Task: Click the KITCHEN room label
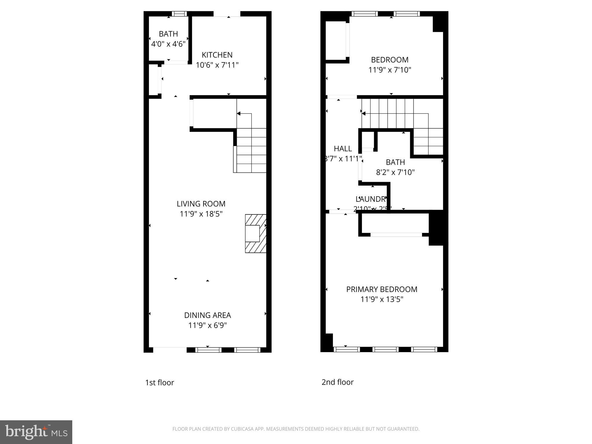pyautogui.click(x=217, y=55)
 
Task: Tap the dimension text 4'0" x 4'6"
pyautogui.click(x=168, y=44)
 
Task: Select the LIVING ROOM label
pyautogui.click(x=201, y=204)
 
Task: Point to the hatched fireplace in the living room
pyautogui.click(x=256, y=234)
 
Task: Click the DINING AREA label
pyautogui.click(x=208, y=315)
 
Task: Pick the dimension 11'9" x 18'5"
pyautogui.click(x=201, y=214)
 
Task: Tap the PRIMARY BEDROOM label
pyautogui.click(x=382, y=289)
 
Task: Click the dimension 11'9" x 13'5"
pyautogui.click(x=382, y=299)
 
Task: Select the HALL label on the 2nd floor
pyautogui.click(x=343, y=149)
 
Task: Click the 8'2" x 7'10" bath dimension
pyautogui.click(x=395, y=173)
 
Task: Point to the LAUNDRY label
pyautogui.click(x=371, y=199)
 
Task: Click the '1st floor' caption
pyautogui.click(x=159, y=383)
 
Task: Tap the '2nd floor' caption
pyautogui.click(x=337, y=382)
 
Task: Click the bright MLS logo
pyautogui.click(x=36, y=432)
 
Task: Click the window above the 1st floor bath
pyautogui.click(x=179, y=14)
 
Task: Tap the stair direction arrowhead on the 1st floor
pyautogui.click(x=239, y=114)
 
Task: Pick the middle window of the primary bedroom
pyautogui.click(x=385, y=349)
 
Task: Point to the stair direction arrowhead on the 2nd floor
pyautogui.click(x=364, y=114)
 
